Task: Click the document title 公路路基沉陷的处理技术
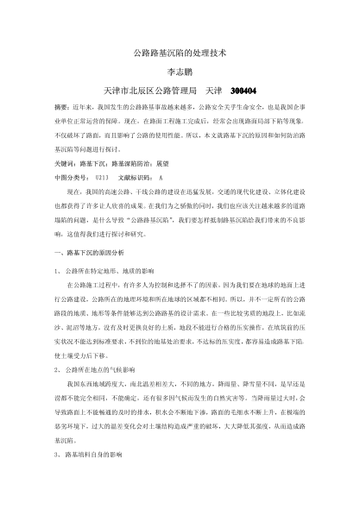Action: click(180, 53)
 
